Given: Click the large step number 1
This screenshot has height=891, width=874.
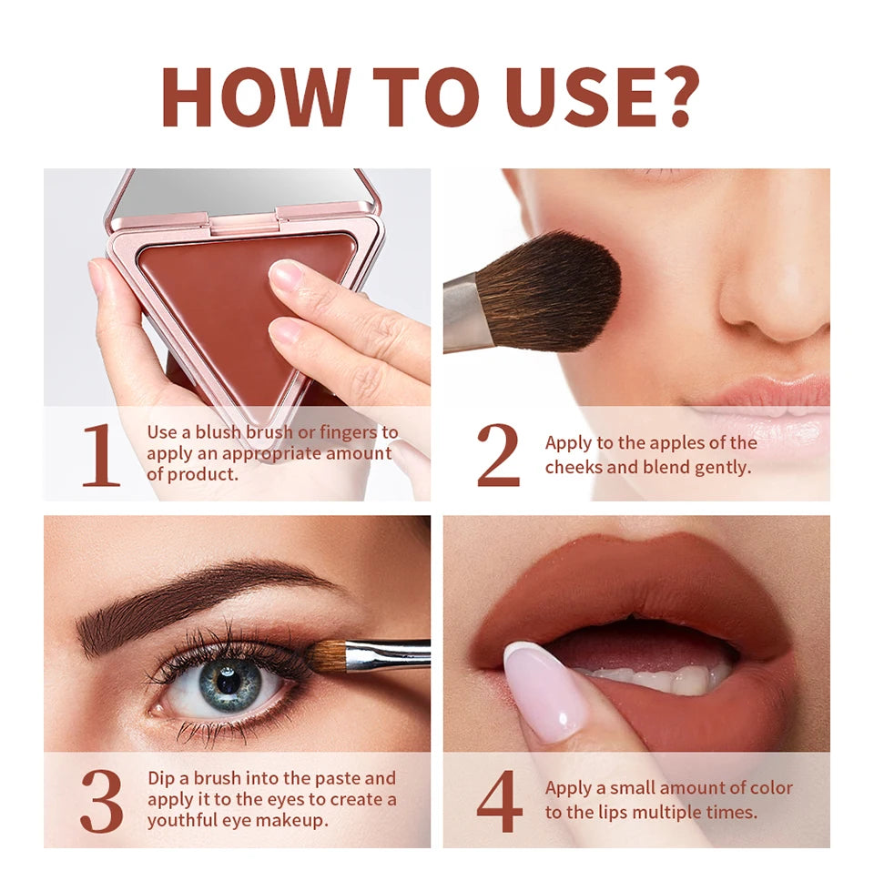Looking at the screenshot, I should (x=101, y=455).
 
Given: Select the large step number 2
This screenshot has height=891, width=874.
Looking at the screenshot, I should (x=498, y=455).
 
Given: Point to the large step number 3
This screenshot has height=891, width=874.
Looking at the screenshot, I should (x=101, y=802).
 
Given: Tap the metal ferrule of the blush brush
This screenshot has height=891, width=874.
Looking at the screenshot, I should (x=466, y=314).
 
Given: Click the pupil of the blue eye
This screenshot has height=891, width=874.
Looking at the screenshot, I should (x=228, y=679).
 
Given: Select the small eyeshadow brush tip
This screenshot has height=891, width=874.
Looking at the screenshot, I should (x=324, y=657).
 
